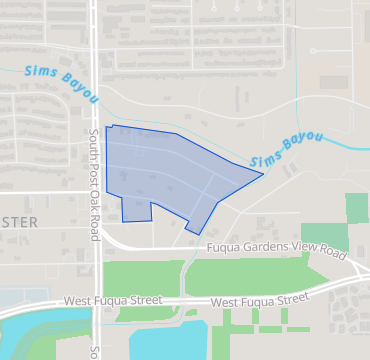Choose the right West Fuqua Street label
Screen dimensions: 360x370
[259, 299]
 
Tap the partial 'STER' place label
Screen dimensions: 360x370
[18, 221]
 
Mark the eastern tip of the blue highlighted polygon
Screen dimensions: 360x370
[263, 174]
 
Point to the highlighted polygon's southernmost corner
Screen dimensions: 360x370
[197, 234]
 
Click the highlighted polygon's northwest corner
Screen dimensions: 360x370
[106, 126]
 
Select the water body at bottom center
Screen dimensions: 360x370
[160, 337]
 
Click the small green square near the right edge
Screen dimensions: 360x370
[357, 208]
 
